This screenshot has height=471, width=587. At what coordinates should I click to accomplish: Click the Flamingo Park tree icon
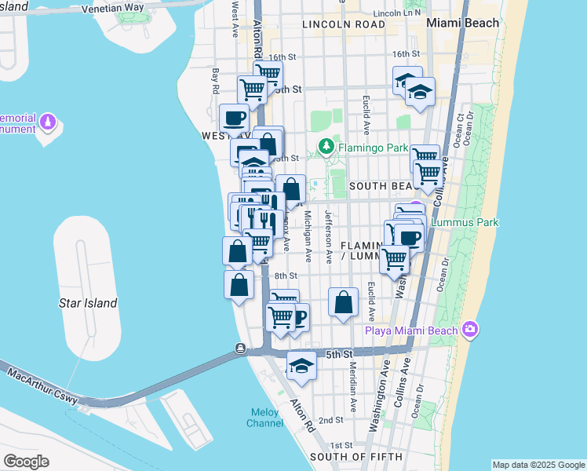click(x=325, y=147)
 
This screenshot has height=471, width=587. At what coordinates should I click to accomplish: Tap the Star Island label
click(x=89, y=303)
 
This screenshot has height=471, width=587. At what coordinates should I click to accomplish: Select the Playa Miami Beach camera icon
click(x=470, y=328)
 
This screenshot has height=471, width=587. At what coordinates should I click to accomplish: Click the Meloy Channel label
click(x=266, y=418)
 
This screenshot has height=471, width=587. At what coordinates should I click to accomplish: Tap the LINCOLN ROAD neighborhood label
click(x=344, y=25)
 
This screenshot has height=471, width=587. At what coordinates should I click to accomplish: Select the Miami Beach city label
click(x=462, y=23)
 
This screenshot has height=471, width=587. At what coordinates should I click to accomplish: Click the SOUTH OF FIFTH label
click(x=356, y=457)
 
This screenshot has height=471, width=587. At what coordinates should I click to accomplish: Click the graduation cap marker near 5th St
click(x=301, y=365)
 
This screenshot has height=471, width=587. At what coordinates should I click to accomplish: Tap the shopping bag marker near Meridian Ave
click(x=344, y=301)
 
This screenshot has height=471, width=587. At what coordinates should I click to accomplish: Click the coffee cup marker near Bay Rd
click(x=235, y=119)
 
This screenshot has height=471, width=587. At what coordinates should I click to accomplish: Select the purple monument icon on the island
click(x=48, y=123)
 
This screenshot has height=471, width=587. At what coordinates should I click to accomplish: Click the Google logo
click(x=26, y=462)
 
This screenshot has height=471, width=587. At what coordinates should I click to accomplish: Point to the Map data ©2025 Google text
click(x=538, y=465)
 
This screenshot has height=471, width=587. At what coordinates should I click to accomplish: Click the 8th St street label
click(x=286, y=276)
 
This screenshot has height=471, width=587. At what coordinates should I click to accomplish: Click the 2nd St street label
click(x=331, y=420)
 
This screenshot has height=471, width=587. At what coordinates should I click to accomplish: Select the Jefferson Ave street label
click(x=331, y=236)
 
